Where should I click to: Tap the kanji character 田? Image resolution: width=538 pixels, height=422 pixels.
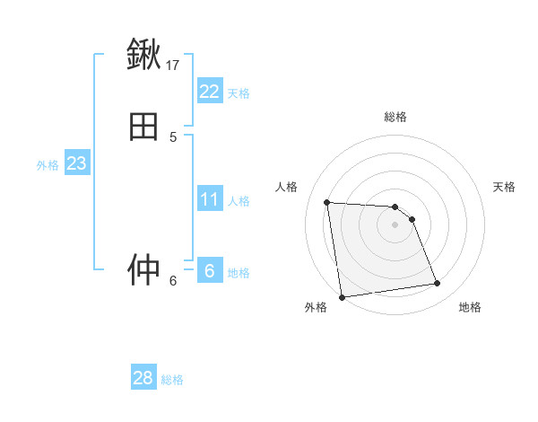(143, 127)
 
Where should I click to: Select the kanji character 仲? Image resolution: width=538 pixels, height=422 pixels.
(143, 269)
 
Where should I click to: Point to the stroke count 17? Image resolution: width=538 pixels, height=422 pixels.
(173, 65)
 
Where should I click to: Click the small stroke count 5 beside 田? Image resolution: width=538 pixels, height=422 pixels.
(173, 137)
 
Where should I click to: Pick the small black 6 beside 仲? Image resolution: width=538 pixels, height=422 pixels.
(173, 280)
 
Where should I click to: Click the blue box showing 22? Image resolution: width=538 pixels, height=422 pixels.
(209, 91)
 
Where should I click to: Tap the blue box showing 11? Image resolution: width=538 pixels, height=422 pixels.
(209, 199)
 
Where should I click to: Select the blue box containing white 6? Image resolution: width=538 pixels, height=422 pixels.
(209, 270)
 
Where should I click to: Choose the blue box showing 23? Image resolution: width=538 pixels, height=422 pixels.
(76, 163)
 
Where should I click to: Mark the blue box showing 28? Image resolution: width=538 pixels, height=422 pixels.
(143, 378)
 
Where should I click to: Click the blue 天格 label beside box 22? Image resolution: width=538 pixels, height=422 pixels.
(239, 92)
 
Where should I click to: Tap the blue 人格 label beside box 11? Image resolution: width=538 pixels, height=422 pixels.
(239, 201)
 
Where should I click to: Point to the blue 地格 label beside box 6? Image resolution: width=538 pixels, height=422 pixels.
(239, 273)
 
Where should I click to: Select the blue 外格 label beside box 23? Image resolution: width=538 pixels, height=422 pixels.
(48, 165)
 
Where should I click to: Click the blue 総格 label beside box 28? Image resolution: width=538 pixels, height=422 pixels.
(172, 380)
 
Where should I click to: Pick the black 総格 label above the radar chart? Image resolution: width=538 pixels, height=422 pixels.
(395, 117)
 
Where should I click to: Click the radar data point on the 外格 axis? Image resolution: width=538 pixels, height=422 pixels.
(341, 297)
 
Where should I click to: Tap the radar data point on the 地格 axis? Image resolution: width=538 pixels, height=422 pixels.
(438, 284)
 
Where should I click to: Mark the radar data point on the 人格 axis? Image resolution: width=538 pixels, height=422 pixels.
(327, 202)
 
